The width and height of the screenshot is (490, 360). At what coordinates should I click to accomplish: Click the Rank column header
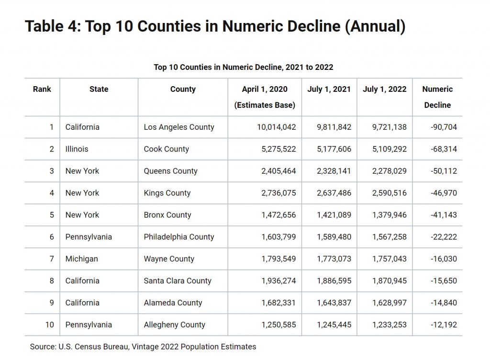point(42,89)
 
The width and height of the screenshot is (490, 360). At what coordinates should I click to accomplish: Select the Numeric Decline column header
point(437,97)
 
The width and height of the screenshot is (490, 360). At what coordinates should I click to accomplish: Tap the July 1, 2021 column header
point(329,89)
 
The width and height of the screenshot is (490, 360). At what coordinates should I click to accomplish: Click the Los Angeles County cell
point(179,127)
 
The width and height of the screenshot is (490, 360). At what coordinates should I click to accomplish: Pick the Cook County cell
point(166,149)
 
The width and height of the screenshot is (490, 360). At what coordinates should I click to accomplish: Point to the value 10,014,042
point(276,127)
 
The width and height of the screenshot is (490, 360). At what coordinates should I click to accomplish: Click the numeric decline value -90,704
point(444,127)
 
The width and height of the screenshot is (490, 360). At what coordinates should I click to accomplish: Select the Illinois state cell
point(77,149)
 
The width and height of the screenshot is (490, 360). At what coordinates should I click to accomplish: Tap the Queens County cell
point(171,171)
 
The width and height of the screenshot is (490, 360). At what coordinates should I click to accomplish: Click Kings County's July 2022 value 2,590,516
point(390,193)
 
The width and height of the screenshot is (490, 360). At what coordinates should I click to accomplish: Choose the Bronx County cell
point(167,215)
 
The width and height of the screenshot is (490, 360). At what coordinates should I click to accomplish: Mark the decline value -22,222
point(444,237)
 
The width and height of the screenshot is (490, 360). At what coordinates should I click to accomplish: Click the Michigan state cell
point(81,259)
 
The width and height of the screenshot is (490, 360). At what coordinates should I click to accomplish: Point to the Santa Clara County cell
point(178,281)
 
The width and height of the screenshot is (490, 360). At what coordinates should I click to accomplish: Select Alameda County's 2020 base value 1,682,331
point(278,303)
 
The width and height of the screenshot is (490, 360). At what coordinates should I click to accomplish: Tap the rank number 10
point(50,325)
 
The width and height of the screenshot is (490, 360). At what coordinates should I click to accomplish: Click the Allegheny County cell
point(174,325)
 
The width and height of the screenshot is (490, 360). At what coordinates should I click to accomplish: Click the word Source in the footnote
point(43,347)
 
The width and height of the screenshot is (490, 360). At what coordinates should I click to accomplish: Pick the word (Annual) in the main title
point(375,26)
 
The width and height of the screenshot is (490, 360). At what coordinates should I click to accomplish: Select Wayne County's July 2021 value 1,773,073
point(334,259)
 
